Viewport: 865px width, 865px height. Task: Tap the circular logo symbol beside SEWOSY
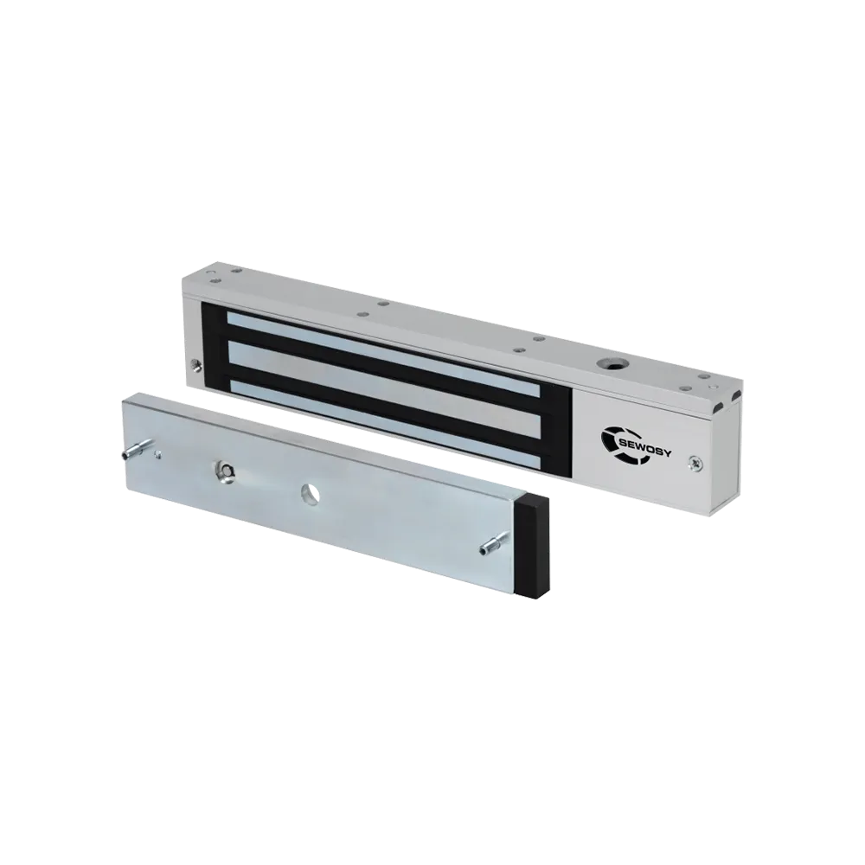(x=615, y=442)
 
